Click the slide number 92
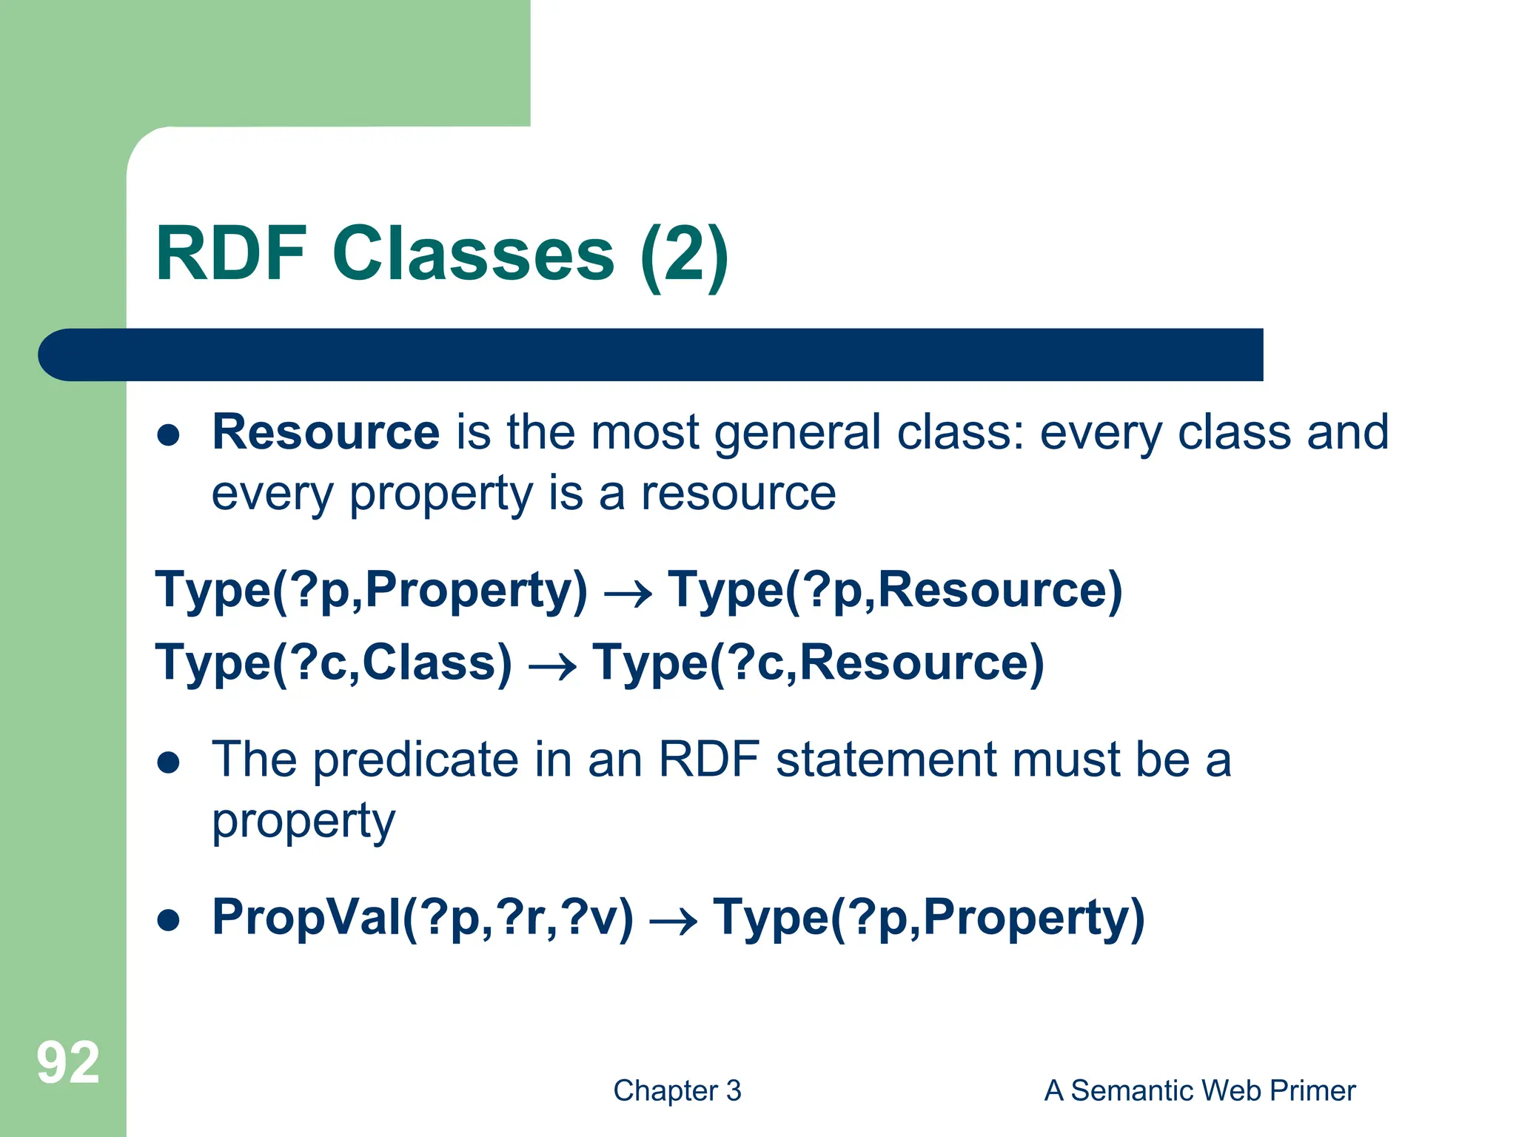tap(68, 1063)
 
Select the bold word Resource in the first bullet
tap(326, 432)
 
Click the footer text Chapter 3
tap(677, 1091)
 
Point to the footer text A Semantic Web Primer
tap(1199, 1091)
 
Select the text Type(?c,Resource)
tap(818, 663)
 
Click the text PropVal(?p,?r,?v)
tap(423, 919)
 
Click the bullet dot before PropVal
tap(169, 920)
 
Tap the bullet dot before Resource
tap(169, 435)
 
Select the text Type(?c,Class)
tap(333, 663)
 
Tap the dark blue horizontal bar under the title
tap(651, 355)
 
